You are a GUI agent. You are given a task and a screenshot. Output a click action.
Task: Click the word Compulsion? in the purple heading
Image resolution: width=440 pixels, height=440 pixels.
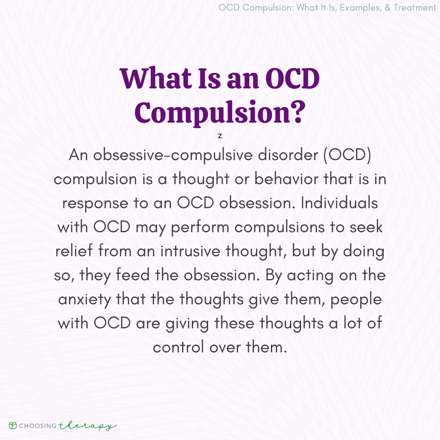pos(220,113)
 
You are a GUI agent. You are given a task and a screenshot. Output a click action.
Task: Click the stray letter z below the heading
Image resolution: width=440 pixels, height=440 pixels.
pos(220,136)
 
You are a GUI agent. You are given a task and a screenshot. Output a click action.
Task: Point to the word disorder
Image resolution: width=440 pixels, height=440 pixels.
pos(288,155)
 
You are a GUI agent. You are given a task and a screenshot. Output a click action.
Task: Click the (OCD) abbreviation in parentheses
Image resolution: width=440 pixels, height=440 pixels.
pos(348,155)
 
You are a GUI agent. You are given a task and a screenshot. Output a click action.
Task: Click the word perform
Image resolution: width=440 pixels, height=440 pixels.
pos(200,228)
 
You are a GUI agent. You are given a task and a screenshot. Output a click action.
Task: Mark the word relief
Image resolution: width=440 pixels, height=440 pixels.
pos(74,251)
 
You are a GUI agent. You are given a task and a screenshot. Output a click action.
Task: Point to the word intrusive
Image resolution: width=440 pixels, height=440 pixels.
pos(190,251)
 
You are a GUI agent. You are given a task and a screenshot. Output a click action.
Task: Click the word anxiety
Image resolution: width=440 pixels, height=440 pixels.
pos(85,300)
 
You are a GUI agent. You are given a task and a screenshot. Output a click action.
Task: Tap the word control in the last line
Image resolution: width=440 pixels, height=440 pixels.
pos(178,347)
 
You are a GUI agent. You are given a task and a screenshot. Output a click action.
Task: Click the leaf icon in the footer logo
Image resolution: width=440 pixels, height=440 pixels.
pos(13,426)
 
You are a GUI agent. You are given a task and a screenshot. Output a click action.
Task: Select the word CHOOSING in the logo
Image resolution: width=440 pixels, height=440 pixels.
pos(38,426)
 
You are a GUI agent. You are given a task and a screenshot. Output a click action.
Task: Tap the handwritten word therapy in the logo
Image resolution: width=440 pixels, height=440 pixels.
pos(87,426)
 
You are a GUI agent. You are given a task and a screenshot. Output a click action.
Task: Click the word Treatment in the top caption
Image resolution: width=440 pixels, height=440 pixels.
pos(415,8)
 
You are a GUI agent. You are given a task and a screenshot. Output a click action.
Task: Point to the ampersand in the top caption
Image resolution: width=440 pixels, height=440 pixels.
pos(387,8)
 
